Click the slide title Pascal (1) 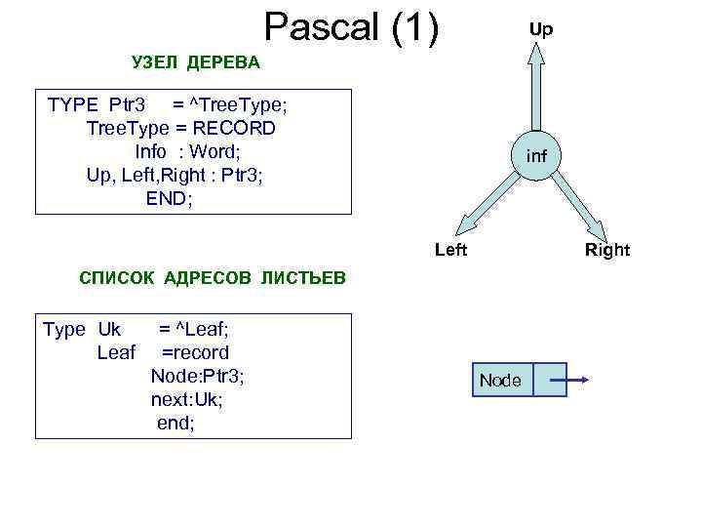click(x=352, y=28)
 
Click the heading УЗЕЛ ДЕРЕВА click(x=196, y=63)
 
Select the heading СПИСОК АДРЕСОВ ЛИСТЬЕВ click(x=212, y=278)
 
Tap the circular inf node click(x=536, y=155)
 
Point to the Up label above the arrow click(x=540, y=29)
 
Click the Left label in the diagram click(x=450, y=250)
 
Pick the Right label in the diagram click(x=607, y=250)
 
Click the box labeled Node click(x=501, y=380)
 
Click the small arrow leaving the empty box click(x=575, y=380)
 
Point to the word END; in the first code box click(x=170, y=198)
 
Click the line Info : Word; click(x=187, y=151)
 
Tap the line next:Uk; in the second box click(x=187, y=400)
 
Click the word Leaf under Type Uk click(x=116, y=353)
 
